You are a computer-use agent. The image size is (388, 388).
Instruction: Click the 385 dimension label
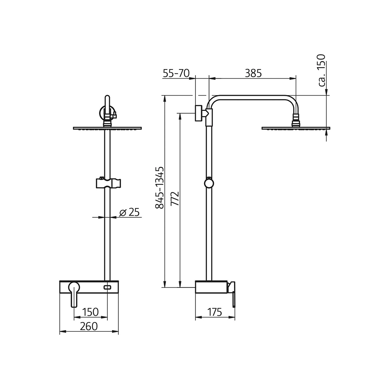[x=253, y=73]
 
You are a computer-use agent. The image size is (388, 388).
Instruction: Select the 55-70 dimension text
[x=176, y=73]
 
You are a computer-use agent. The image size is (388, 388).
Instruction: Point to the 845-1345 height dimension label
[x=159, y=188]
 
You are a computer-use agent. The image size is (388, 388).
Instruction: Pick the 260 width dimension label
[x=88, y=326]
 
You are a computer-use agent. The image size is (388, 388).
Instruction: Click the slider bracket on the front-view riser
[x=107, y=183]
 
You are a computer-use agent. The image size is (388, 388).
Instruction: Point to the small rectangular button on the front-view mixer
[x=107, y=288]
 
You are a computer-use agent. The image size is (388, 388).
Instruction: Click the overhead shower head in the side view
[x=296, y=128]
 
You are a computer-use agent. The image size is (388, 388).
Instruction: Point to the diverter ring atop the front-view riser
[x=107, y=113]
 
